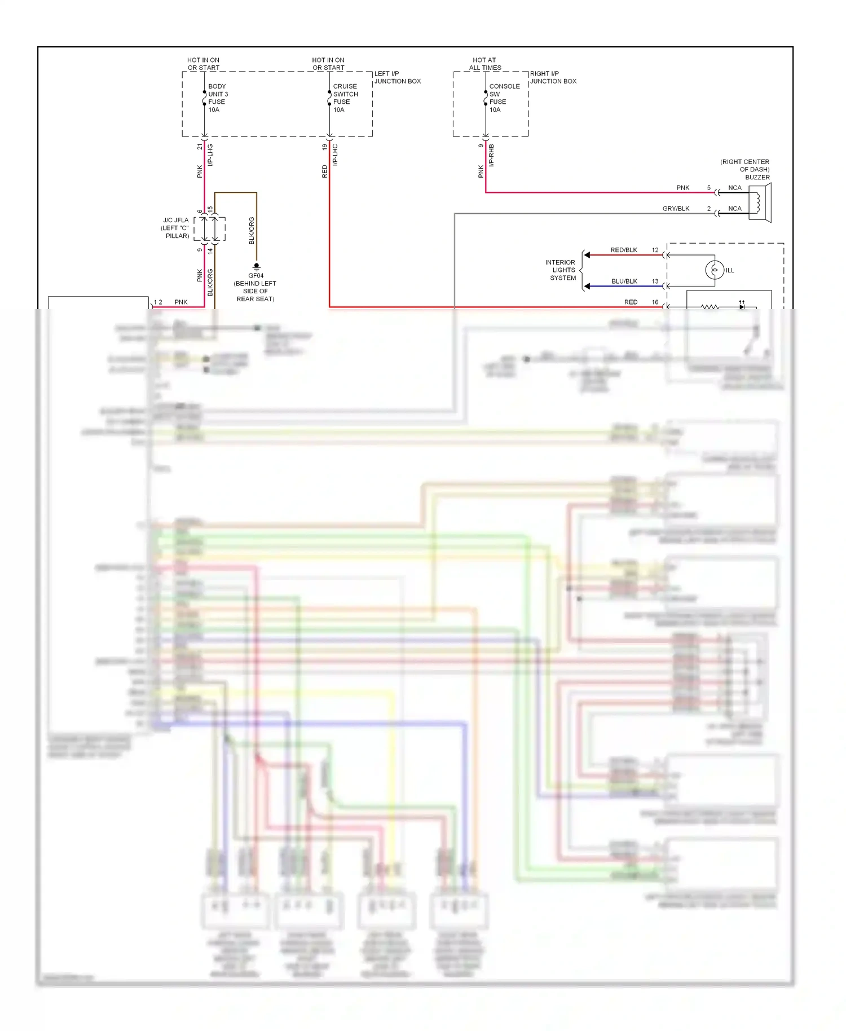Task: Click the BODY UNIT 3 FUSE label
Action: [217, 98]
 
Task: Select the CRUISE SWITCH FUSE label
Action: [345, 98]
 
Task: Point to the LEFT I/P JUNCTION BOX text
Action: [397, 77]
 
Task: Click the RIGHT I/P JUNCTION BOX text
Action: [553, 77]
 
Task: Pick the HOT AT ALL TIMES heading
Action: [484, 64]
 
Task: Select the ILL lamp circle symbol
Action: [715, 270]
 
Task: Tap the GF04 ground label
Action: [255, 276]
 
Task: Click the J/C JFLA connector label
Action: [175, 228]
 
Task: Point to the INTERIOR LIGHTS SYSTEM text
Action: [561, 270]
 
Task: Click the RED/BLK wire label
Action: [623, 250]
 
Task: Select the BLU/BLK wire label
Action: [624, 281]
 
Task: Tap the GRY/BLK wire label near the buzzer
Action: [676, 208]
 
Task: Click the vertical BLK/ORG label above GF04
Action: [252, 230]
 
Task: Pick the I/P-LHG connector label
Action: [210, 155]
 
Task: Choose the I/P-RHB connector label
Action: [491, 155]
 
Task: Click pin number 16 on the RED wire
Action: [655, 302]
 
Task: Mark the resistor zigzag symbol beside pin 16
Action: [710, 307]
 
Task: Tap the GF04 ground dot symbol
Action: [256, 265]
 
